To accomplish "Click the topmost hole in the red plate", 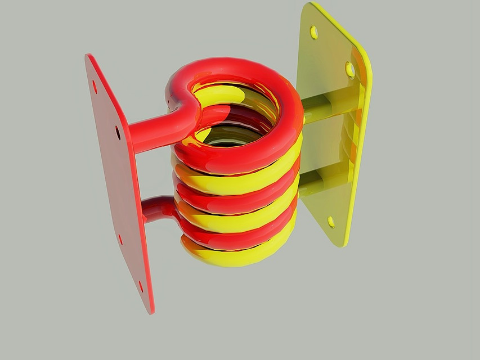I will [95, 87].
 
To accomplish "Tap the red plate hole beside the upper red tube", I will [118, 133].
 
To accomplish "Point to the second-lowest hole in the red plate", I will [120, 239].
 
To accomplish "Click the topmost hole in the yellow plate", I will [313, 33].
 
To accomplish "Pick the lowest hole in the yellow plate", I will [331, 222].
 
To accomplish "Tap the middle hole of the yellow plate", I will [349, 70].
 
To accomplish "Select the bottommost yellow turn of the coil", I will [236, 256].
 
